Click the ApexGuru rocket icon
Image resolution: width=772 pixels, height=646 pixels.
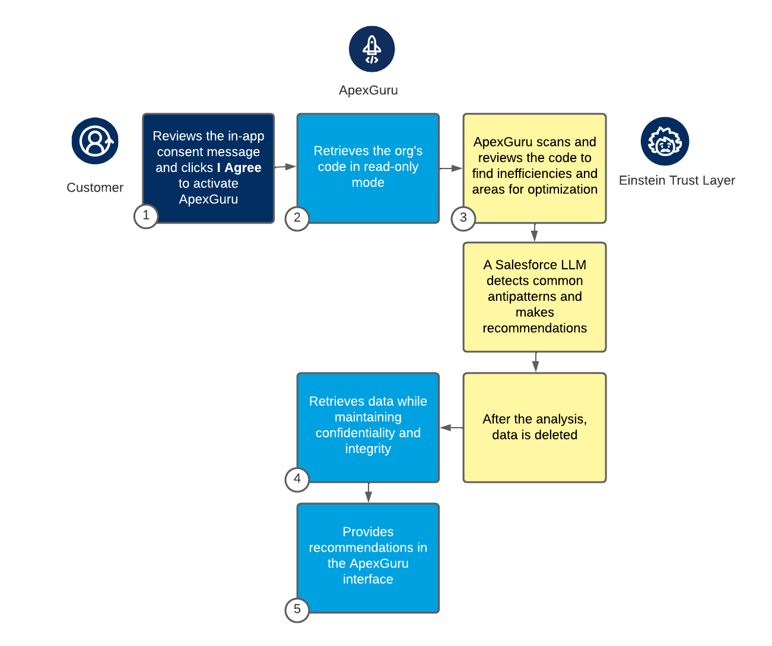(x=371, y=49)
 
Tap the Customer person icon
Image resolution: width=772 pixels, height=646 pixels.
(x=95, y=141)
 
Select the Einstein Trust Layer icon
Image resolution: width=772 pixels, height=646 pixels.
(x=665, y=142)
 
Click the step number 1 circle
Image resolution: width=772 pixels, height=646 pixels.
(x=146, y=216)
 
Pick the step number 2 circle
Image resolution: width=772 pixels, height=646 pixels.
(x=297, y=218)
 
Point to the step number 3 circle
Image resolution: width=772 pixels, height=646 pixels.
(x=463, y=218)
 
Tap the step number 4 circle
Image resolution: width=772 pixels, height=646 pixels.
(x=297, y=479)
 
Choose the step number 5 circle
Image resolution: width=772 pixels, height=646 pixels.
(x=297, y=610)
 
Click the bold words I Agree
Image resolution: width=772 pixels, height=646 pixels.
(x=239, y=168)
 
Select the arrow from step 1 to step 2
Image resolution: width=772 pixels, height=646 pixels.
(x=285, y=167)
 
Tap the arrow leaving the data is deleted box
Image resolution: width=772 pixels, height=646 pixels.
(x=452, y=428)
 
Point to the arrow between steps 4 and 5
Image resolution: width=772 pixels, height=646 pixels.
(x=368, y=493)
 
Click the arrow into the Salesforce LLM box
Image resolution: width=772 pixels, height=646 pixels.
(x=535, y=233)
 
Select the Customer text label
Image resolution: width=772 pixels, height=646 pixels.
(x=95, y=187)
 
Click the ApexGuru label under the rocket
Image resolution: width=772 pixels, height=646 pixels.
(x=368, y=90)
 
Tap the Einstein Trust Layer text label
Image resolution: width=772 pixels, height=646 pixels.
(x=676, y=180)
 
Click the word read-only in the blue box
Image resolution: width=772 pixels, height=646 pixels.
(x=389, y=167)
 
